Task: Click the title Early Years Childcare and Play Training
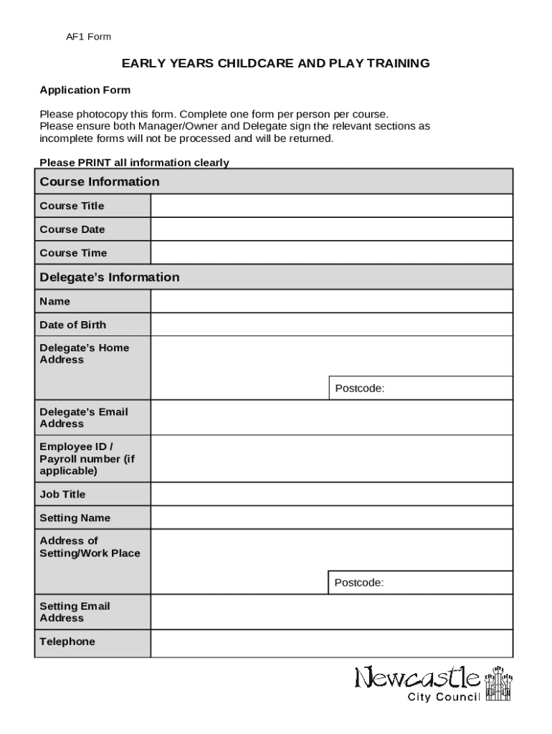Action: (x=275, y=64)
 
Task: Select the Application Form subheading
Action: (x=85, y=90)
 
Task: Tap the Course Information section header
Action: (x=100, y=182)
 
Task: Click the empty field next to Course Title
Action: (x=331, y=206)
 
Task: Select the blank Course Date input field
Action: (x=331, y=229)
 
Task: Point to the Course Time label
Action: (x=73, y=253)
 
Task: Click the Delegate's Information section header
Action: (x=110, y=277)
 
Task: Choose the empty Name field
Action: (x=331, y=302)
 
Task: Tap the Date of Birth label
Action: (x=72, y=325)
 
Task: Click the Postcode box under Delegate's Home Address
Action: (x=420, y=389)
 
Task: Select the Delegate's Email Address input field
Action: (x=331, y=418)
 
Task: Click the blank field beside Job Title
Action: (x=331, y=495)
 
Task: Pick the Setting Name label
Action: (x=75, y=518)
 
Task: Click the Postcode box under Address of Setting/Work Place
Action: (x=420, y=583)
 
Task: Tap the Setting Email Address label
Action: (x=75, y=612)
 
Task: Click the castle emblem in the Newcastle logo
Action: (x=500, y=685)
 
